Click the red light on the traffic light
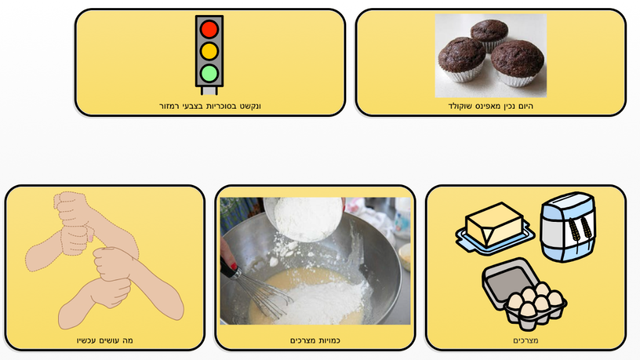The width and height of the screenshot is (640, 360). [x=209, y=29]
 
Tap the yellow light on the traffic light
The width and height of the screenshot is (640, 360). [x=209, y=51]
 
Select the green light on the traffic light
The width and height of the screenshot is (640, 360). [x=209, y=74]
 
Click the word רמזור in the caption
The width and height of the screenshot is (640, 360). [x=169, y=106]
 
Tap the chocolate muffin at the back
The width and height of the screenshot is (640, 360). [x=489, y=35]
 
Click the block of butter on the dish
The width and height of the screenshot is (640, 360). [x=494, y=224]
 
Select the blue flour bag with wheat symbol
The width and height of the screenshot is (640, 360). [x=567, y=227]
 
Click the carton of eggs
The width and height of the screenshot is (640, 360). [x=524, y=293]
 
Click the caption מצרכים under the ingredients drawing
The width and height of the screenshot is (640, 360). [x=526, y=341]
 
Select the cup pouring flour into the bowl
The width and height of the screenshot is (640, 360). [x=307, y=218]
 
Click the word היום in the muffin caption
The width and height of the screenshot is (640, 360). [x=525, y=106]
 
